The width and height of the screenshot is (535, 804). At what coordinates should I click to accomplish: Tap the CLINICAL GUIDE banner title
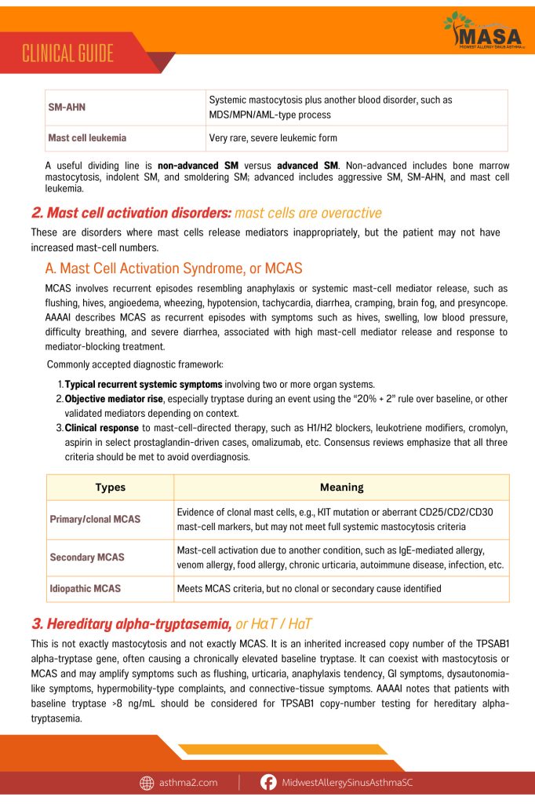pos(67,53)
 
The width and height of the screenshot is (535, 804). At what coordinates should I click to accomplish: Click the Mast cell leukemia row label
pos(87,138)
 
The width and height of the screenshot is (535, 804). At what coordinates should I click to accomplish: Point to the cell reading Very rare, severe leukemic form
pos(273,138)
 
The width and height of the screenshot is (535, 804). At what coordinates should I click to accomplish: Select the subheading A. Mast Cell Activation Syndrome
pos(173,269)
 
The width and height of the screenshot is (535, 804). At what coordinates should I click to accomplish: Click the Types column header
pos(110,487)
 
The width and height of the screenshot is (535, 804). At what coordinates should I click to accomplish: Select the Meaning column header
pos(341,487)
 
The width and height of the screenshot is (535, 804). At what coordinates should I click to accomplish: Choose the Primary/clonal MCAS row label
pos(95,519)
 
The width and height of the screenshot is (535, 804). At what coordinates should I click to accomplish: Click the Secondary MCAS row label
pos(87,557)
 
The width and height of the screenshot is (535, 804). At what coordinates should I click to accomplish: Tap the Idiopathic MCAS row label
pos(85,588)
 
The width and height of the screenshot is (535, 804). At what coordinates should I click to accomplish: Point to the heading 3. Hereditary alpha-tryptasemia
pos(131,624)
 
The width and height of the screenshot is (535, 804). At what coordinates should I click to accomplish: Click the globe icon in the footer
pos(147,783)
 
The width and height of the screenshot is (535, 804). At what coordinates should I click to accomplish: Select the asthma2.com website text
pos(189,783)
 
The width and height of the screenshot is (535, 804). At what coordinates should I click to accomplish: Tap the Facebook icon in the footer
pos(268,783)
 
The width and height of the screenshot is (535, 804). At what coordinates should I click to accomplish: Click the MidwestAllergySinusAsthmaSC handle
pos(357,783)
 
